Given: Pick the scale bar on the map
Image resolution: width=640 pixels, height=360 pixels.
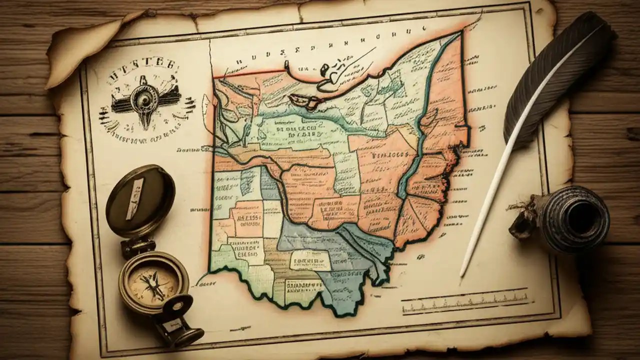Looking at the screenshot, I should [465, 302].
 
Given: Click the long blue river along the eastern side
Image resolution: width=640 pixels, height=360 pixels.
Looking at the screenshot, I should [420, 130].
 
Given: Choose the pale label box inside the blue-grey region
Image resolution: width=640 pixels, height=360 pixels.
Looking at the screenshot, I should [309, 260].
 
